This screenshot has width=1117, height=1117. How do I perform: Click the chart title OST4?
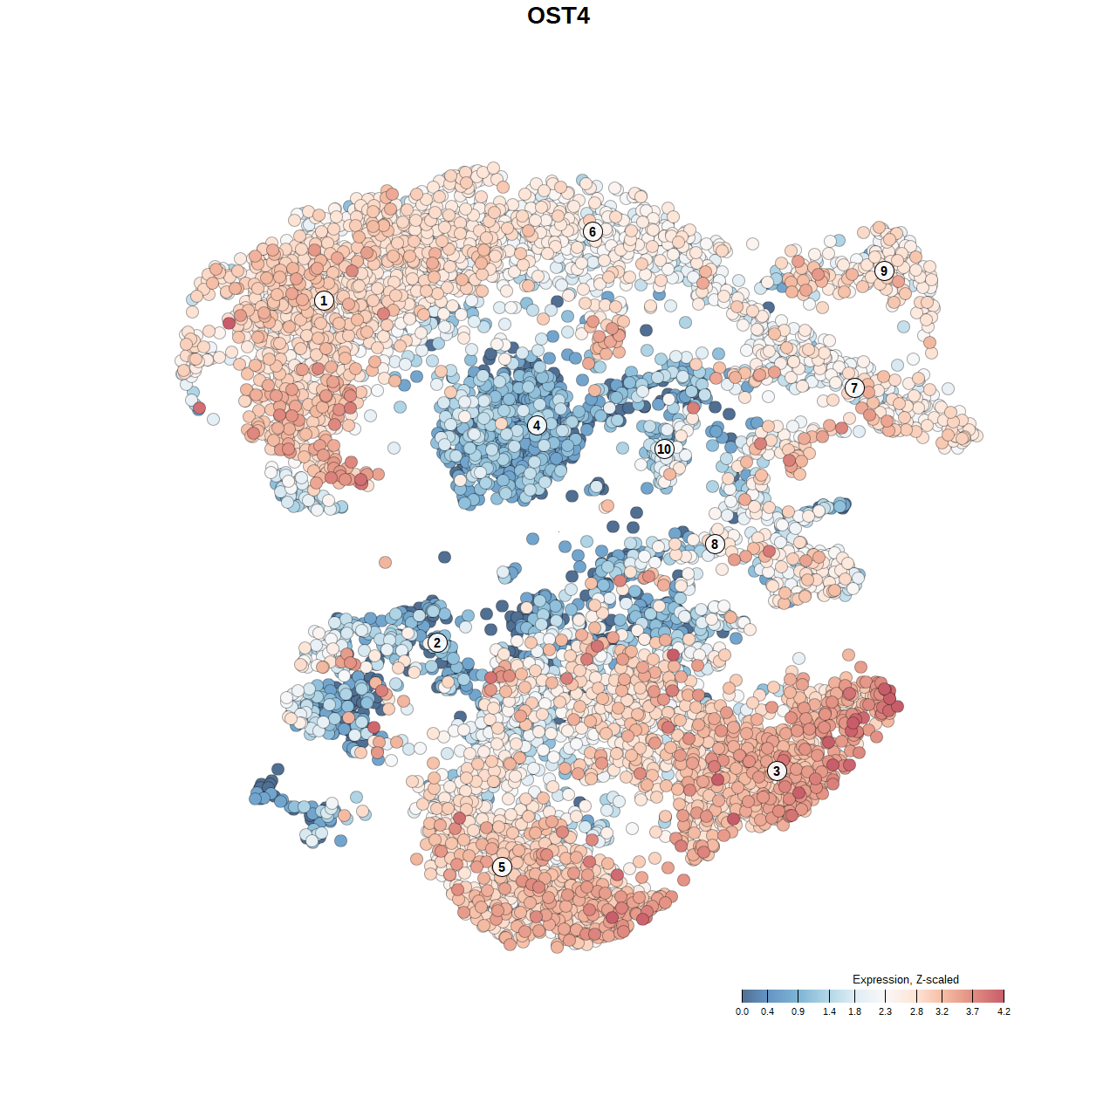pyautogui.click(x=558, y=16)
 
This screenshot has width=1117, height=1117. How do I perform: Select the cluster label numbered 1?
pyautogui.click(x=324, y=301)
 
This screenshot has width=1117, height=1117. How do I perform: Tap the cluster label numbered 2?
pyautogui.click(x=436, y=643)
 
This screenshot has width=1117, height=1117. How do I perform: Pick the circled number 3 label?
pyautogui.click(x=777, y=771)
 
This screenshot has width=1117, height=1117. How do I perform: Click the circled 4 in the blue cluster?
pyautogui.click(x=537, y=426)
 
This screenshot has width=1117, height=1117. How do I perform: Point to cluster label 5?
pyautogui.click(x=501, y=867)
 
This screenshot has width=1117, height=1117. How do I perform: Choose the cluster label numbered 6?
pyautogui.click(x=593, y=231)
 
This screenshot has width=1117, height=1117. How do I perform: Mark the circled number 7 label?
pyautogui.click(x=854, y=388)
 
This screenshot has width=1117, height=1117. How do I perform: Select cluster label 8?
pyautogui.click(x=715, y=545)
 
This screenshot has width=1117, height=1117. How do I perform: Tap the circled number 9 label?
pyautogui.click(x=884, y=271)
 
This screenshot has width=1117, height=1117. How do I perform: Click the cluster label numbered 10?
pyautogui.click(x=664, y=449)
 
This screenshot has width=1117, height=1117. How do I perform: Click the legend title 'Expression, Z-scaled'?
pyautogui.click(x=906, y=979)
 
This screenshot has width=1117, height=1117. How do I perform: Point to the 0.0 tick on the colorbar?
pyautogui.click(x=742, y=1012)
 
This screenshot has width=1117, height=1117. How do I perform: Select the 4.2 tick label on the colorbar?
pyautogui.click(x=1004, y=1012)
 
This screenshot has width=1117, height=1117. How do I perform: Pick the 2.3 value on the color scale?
pyautogui.click(x=885, y=1012)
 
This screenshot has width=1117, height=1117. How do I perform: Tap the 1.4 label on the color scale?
pyautogui.click(x=829, y=1012)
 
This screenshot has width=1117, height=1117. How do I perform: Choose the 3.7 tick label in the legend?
pyautogui.click(x=972, y=1012)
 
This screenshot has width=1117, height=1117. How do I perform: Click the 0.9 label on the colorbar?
pyautogui.click(x=798, y=1012)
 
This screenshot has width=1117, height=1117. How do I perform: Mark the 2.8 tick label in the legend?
pyautogui.click(x=916, y=1012)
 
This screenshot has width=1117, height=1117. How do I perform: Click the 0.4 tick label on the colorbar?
pyautogui.click(x=767, y=1012)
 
